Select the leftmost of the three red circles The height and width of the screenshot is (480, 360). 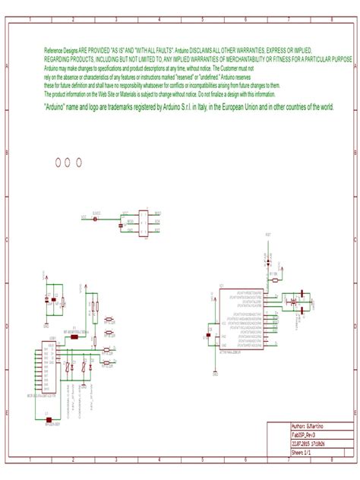pyautogui.click(x=58, y=162)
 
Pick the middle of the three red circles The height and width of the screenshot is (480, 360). pyautogui.click(x=68, y=162)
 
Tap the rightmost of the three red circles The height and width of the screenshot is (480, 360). pyautogui.click(x=78, y=162)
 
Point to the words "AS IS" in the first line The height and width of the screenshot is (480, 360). pyautogui.click(x=119, y=48)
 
